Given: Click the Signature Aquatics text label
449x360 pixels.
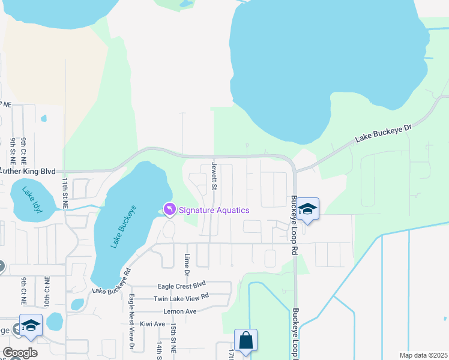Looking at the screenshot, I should pos(214,209).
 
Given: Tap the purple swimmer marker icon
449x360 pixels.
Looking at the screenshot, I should pos(169,209).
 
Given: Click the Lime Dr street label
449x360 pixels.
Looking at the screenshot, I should pos(187,264).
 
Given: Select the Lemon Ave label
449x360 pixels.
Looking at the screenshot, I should pos(180,311).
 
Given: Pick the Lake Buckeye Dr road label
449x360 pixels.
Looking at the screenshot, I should pos(385,133).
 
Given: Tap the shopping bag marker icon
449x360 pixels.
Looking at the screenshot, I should pos(246,340).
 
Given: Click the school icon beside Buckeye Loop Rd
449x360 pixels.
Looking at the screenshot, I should pos(308,209).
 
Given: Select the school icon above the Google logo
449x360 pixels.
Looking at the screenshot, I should pos(31,325).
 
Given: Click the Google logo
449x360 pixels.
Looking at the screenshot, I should pos(20,353).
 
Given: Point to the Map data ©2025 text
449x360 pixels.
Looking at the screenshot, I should pos(423,355).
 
